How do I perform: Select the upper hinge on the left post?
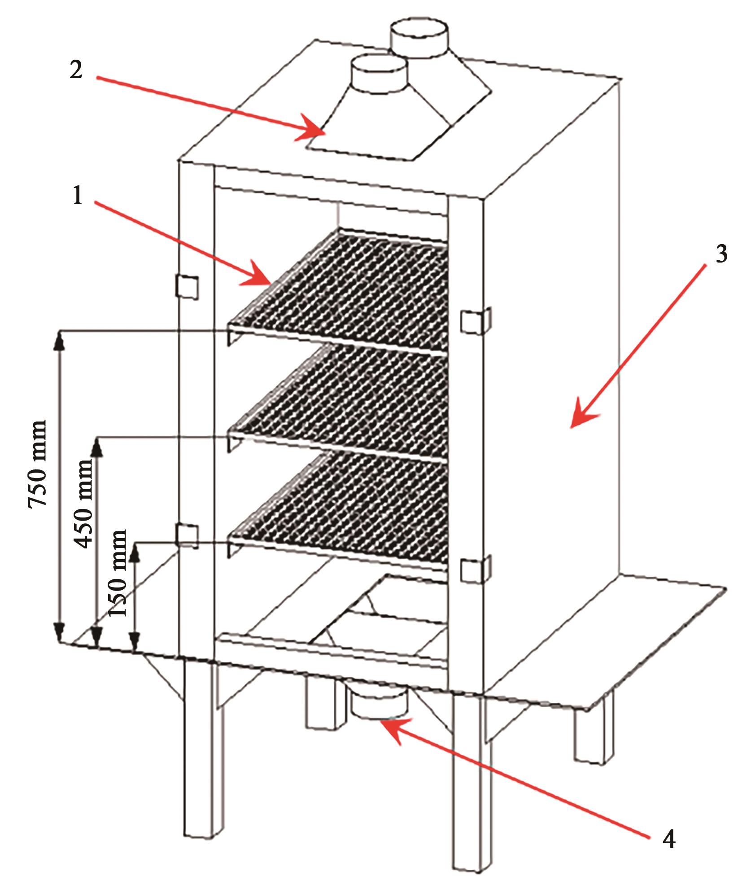187,285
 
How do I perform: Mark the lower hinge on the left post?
187,536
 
